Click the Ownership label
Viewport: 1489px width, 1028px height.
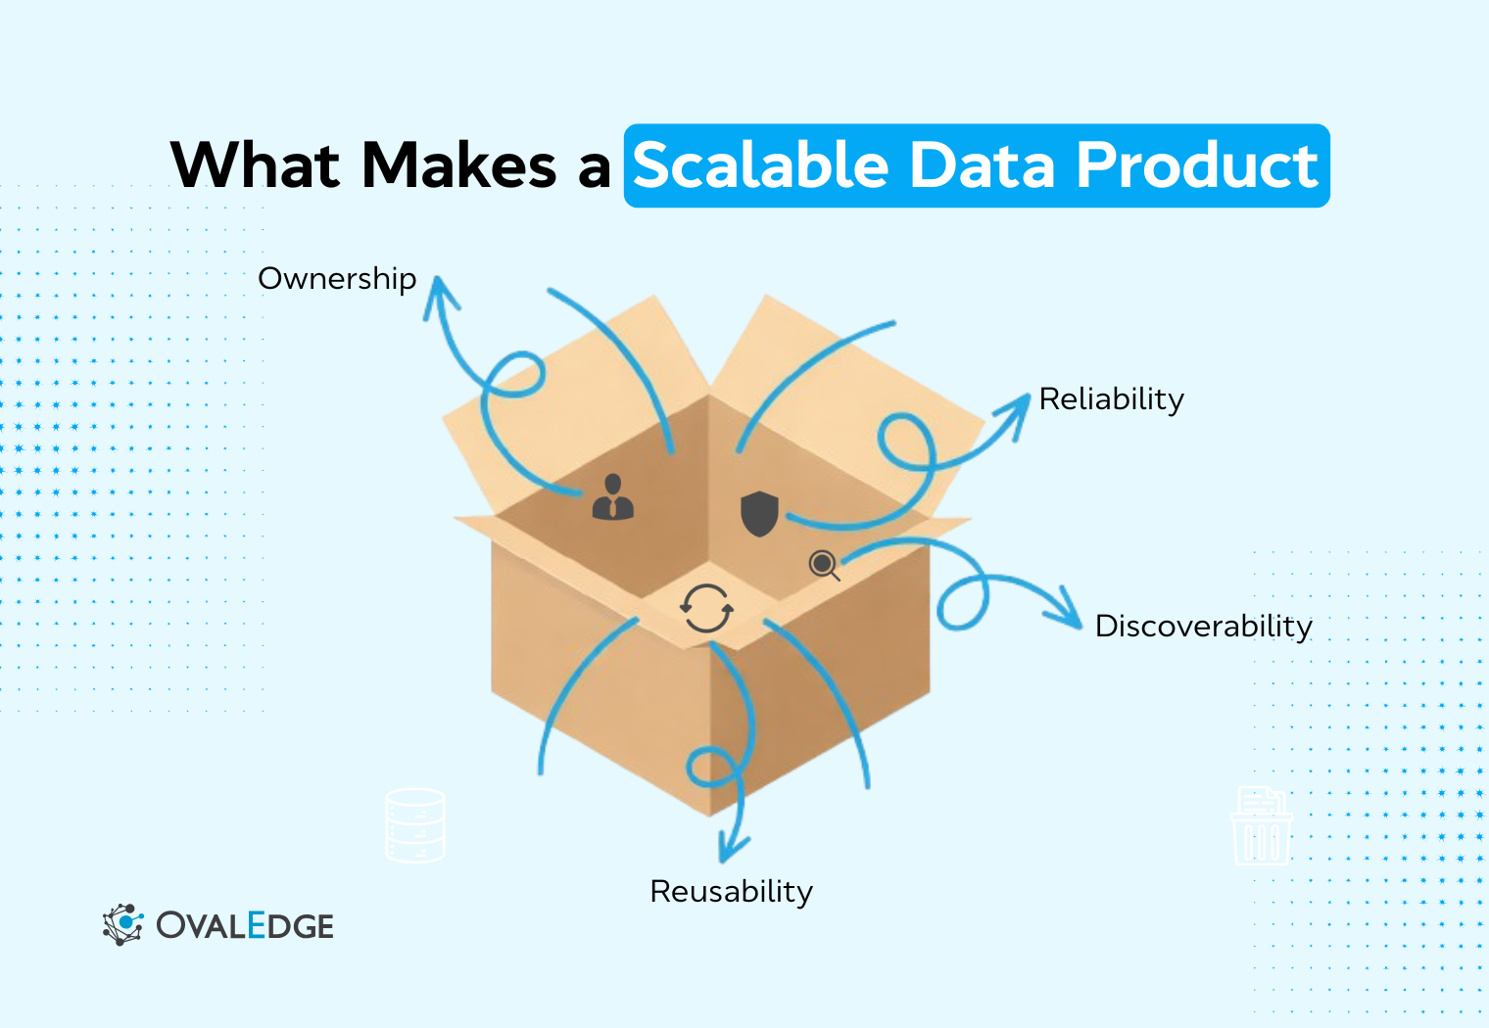coord(337,279)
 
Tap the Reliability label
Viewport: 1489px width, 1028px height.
coord(1111,399)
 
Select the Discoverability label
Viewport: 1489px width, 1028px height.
coord(1203,626)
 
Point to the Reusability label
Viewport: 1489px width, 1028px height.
coord(731,891)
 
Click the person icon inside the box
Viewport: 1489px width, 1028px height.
coord(613,497)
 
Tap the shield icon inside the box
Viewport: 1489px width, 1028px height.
coord(759,514)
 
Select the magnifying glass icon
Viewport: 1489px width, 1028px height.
coord(824,565)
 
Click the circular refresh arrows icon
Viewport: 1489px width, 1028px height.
coord(706,609)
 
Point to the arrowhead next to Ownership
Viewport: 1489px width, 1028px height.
coord(440,294)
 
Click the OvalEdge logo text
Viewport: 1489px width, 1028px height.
coord(245,926)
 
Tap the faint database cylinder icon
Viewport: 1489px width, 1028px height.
coord(415,825)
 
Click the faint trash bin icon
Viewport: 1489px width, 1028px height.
coord(1262,826)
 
